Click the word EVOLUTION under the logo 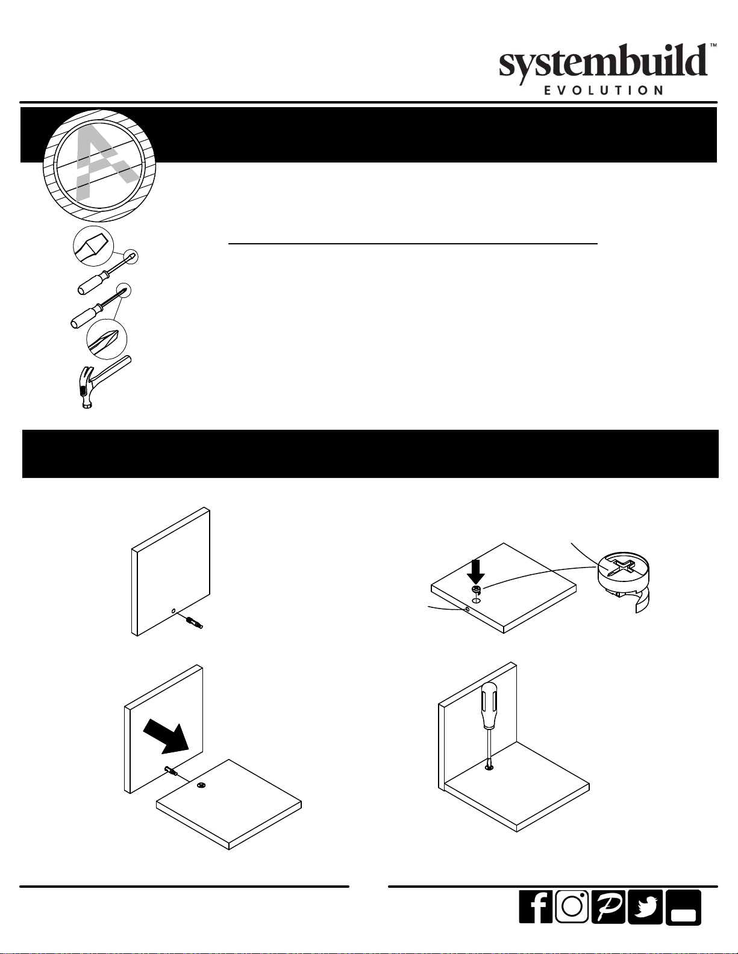pyautogui.click(x=604, y=90)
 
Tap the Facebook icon pyautogui.click(x=536, y=906)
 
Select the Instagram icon pyautogui.click(x=572, y=906)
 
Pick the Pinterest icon pyautogui.click(x=608, y=906)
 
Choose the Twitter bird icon pyautogui.click(x=645, y=906)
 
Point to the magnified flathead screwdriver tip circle pyautogui.click(x=93, y=246)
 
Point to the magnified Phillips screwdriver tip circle pyautogui.click(x=107, y=339)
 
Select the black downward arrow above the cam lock pyautogui.click(x=476, y=572)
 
